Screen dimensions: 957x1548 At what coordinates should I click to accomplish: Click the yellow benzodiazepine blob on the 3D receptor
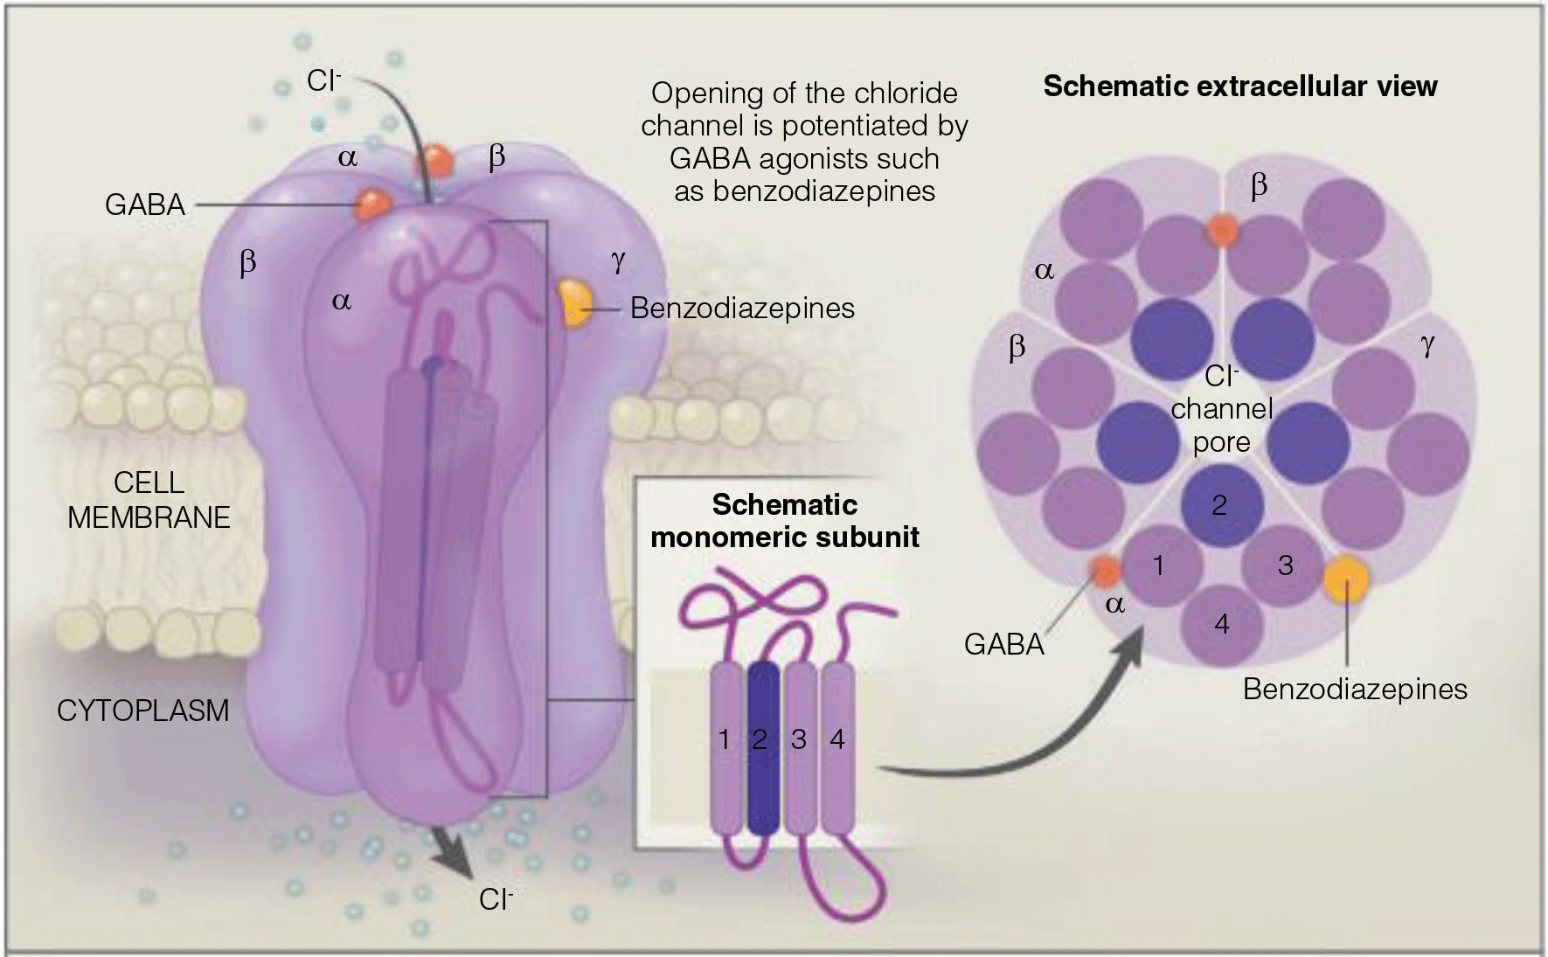(x=573, y=304)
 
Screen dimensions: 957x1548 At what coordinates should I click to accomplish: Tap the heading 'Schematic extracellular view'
(x=1239, y=87)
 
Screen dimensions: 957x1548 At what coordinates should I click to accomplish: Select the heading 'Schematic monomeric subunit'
(x=784, y=521)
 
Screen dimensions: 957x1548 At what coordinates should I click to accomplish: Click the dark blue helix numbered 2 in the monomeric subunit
(x=762, y=747)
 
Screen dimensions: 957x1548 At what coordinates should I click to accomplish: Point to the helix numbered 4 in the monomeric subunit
(x=837, y=747)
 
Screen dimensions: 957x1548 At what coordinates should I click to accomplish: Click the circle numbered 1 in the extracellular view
(x=1159, y=566)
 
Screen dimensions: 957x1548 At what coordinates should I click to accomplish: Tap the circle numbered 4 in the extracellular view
(x=1222, y=624)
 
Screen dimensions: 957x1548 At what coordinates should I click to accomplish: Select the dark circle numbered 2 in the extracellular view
(x=1220, y=504)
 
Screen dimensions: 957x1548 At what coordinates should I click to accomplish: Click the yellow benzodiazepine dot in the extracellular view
(x=1345, y=578)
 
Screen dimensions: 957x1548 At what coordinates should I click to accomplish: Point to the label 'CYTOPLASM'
(x=142, y=711)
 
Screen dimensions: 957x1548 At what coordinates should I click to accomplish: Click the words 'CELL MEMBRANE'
(x=149, y=501)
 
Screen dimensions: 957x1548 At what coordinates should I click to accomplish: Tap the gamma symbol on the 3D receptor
(x=618, y=261)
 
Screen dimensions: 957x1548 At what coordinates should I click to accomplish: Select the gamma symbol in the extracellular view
(x=1427, y=346)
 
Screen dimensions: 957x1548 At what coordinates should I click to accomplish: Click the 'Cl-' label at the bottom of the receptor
(x=496, y=900)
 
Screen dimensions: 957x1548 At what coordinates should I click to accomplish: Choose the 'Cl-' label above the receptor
(x=323, y=81)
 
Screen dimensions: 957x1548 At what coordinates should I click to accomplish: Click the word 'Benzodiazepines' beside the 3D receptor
(x=742, y=309)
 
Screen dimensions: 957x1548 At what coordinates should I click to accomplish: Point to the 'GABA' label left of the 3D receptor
(x=145, y=205)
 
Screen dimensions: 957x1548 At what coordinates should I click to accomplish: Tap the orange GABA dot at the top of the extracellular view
(x=1222, y=232)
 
